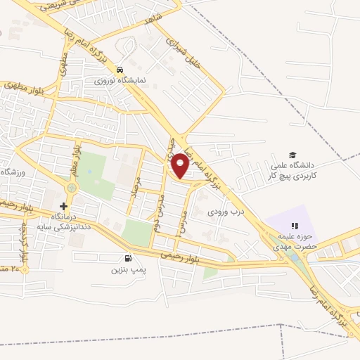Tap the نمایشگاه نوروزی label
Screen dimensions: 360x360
[121, 80]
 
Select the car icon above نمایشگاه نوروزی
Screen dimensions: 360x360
[121, 70]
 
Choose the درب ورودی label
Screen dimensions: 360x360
[224, 211]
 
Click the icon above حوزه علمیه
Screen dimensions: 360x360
[295, 226]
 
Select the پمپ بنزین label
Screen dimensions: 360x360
[127, 269]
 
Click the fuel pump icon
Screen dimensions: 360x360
[127, 258]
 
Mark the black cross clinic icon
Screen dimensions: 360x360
[64, 206]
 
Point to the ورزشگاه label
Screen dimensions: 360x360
[13, 173]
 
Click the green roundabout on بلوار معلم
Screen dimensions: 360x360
[72, 189]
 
